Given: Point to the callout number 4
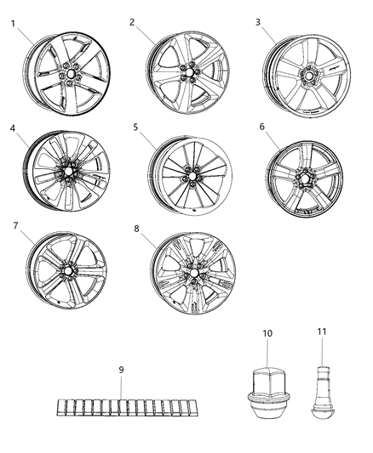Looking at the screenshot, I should pos(13,129).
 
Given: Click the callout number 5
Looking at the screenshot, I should pos(135,127).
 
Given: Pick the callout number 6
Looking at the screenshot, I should pos(262,126).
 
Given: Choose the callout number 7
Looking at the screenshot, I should pos(14,226).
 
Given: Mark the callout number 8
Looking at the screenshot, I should pos(135,228).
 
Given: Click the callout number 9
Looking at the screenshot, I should pos(120,370).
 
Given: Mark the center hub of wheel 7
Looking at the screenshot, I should pos(66,269).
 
